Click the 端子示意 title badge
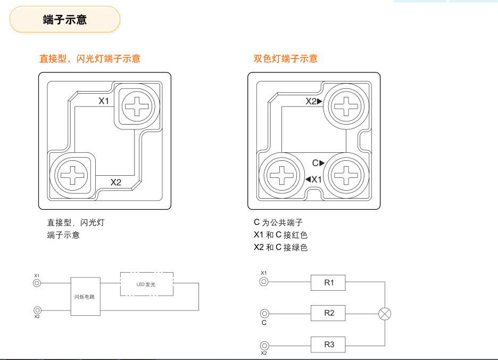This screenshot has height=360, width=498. tap(65, 20)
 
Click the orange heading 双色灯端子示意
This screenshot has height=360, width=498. tap(285, 59)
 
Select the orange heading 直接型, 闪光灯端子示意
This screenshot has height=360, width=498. tap(90, 59)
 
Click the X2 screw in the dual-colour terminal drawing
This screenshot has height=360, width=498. tap(346, 105)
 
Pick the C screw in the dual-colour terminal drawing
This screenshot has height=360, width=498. tap(346, 174)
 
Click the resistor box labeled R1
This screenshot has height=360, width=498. tap(329, 283)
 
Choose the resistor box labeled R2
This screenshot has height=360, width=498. tap(329, 313)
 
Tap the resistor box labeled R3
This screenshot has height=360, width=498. tap(329, 345)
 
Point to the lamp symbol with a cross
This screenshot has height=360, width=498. tap(384, 314)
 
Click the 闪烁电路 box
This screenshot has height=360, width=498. tap(85, 297)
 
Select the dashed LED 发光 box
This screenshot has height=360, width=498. tap(146, 284)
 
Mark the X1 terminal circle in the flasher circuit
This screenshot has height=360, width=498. tap(37, 283)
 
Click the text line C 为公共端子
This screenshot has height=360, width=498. tap(278, 223)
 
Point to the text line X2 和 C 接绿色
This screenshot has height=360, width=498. tap(280, 247)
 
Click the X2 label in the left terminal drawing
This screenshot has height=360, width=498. tap(116, 182)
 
